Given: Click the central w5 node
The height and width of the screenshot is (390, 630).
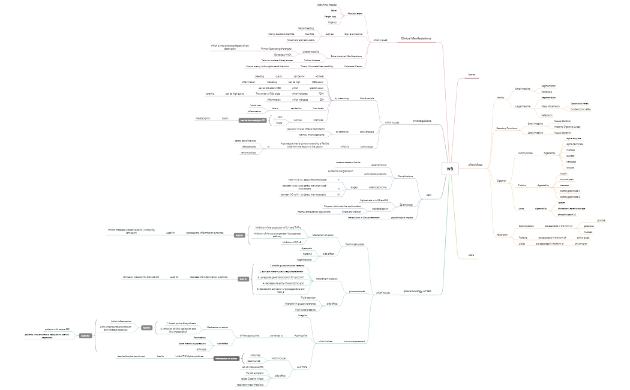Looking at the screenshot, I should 450,169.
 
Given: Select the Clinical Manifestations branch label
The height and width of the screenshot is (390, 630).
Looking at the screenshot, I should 416,38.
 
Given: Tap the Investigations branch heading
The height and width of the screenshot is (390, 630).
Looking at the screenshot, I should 422,121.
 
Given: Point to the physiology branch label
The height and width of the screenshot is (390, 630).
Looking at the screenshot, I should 475,164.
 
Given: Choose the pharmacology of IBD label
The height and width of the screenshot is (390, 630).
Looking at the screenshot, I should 417,291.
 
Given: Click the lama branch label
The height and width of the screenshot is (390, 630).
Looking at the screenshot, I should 472,74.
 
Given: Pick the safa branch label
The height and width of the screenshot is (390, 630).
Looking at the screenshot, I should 472,255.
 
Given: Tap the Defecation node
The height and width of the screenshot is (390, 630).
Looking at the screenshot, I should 547,115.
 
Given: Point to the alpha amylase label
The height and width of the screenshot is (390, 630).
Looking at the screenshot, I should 574,138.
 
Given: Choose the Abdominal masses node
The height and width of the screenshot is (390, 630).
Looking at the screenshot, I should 326,5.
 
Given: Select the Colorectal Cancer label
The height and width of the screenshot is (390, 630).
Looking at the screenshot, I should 353,66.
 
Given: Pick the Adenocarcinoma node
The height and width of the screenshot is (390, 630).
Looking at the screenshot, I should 378,187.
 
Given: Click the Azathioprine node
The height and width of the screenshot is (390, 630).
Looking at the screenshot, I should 301,335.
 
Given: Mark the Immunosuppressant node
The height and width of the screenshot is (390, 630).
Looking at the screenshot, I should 354,341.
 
